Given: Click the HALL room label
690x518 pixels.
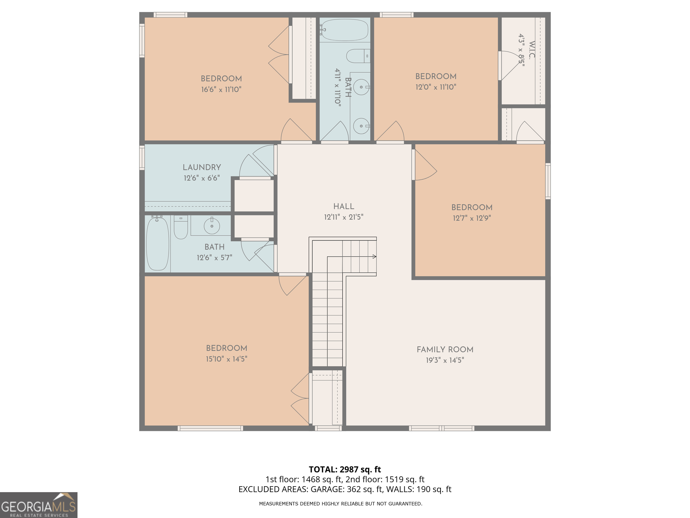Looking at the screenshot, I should pyautogui.click(x=343, y=206).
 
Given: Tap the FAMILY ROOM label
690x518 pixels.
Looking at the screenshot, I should pyautogui.click(x=445, y=349).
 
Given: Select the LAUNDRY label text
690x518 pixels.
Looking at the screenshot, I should pyautogui.click(x=202, y=167).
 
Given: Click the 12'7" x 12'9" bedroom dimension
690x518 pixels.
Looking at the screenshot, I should pyautogui.click(x=472, y=218).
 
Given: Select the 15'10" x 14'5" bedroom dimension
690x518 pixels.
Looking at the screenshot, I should pyautogui.click(x=226, y=359).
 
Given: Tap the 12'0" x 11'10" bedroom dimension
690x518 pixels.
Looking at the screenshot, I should pyautogui.click(x=436, y=87).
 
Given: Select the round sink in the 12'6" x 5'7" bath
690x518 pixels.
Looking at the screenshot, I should pyautogui.click(x=212, y=226).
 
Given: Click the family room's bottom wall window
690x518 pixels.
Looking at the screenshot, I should pyautogui.click(x=441, y=428).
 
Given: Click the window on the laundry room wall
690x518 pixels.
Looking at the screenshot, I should pyautogui.click(x=142, y=159).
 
